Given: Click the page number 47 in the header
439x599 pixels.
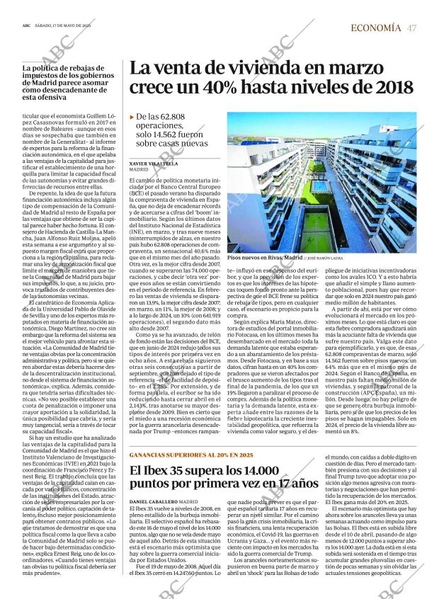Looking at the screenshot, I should click(x=411, y=28).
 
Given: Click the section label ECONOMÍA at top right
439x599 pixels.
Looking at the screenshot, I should click(x=375, y=28).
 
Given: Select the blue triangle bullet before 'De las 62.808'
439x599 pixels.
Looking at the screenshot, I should click(x=132, y=117).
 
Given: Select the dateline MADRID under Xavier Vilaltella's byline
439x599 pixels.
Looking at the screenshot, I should click(x=138, y=170).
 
